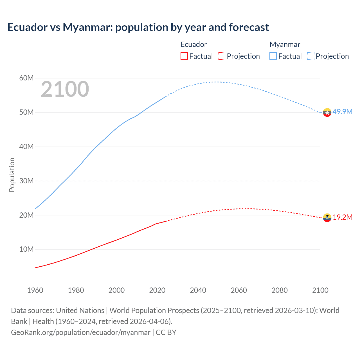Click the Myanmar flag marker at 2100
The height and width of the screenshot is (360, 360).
327,112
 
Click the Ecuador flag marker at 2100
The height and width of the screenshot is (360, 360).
327,218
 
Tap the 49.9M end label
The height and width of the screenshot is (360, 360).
342,112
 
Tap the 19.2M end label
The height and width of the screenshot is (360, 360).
343,217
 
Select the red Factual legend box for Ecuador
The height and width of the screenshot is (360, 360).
184,56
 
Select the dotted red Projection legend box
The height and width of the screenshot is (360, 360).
222,56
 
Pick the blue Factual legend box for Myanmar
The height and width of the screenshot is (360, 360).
273,56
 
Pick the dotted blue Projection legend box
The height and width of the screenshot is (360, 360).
311,56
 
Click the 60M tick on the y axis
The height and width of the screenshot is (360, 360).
26,78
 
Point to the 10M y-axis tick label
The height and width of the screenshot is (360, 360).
26,249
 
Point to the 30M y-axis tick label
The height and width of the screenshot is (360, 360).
26,181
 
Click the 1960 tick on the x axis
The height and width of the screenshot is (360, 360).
35,290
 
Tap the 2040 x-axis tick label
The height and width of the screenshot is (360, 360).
198,290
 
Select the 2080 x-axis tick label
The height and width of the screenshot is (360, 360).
280,290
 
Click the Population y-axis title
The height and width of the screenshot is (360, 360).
12,175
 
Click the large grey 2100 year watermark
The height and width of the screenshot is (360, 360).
65,89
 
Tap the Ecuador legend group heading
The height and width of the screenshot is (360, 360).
193,44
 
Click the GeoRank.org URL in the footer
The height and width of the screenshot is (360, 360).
81,332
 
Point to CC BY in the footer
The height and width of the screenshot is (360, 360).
166,332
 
